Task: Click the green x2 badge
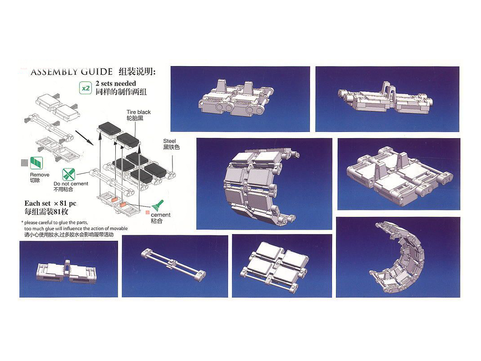pos(85,88)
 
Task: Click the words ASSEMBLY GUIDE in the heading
pos(72,72)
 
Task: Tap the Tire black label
pos(139,112)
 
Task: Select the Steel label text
pos(169,141)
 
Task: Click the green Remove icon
pos(36,163)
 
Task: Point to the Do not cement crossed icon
pos(68,174)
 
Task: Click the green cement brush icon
pos(158,205)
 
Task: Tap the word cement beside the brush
pos(160,215)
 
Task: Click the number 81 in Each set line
pos(64,203)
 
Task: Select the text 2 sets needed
pos(116,83)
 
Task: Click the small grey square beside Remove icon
pos(24,163)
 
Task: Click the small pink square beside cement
pos(148,212)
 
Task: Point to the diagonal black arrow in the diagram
pos(84,137)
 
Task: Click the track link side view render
pos(67,271)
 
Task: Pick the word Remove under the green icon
pos(40,175)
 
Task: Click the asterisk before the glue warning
pos(22,222)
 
